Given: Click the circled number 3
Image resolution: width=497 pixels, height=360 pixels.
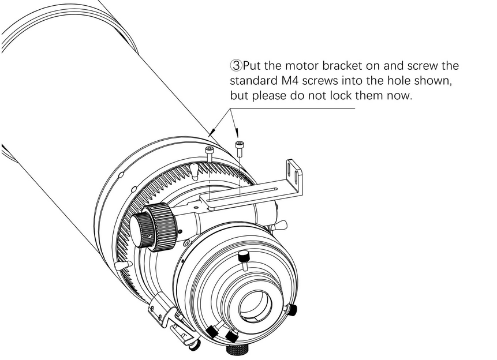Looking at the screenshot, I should coord(236,66).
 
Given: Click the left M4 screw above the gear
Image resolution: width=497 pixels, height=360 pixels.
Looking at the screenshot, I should coord(209,151).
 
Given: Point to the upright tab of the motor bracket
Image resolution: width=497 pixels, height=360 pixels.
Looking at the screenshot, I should coord(293,173).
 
